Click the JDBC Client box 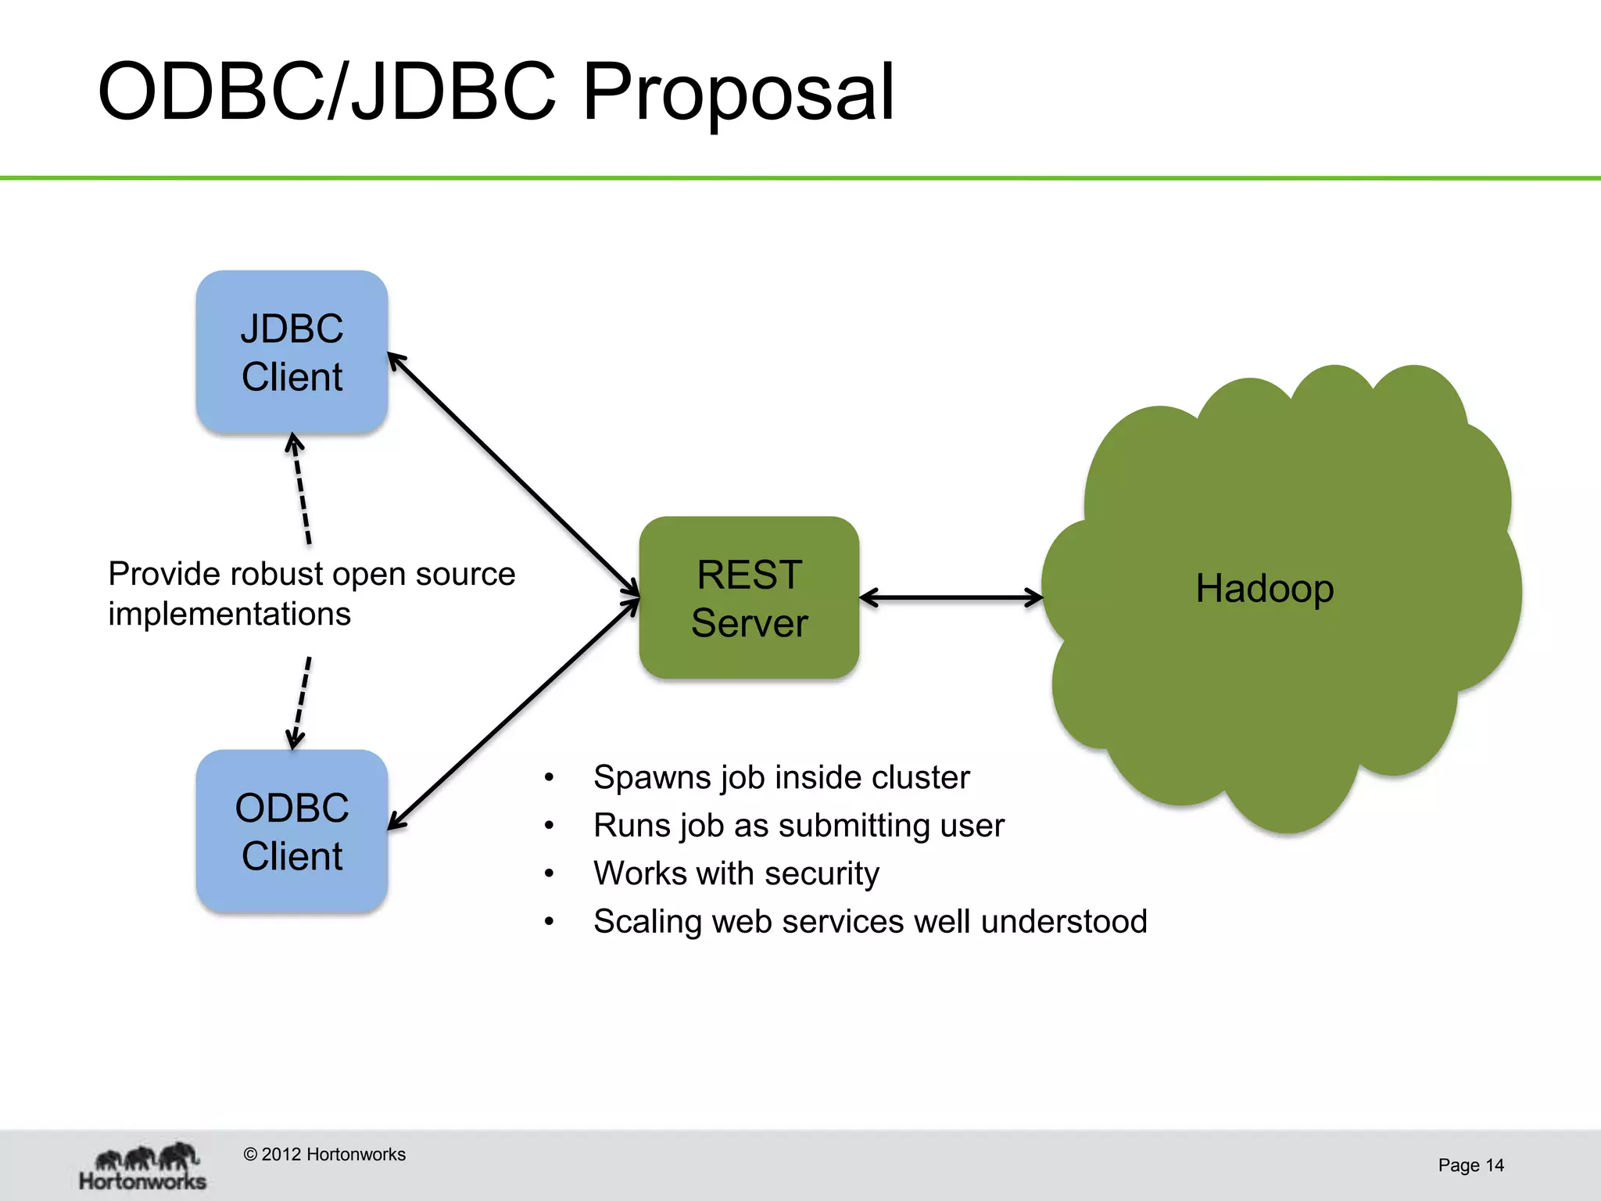[x=292, y=352]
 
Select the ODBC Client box [x=292, y=831]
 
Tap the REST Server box [x=749, y=598]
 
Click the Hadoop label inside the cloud [x=1264, y=588]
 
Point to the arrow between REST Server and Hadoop [x=951, y=598]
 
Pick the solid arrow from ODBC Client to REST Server [x=514, y=713]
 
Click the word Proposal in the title [x=738, y=92]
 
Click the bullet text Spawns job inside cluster [x=781, y=777]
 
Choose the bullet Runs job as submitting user [x=798, y=826]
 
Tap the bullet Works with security [x=736, y=873]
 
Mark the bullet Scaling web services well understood [x=869, y=921]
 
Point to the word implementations [x=229, y=614]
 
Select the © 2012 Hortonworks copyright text [x=324, y=1154]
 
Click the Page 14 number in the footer [x=1470, y=1165]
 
